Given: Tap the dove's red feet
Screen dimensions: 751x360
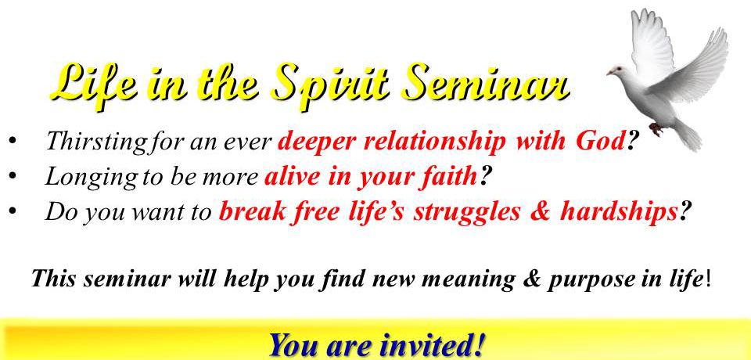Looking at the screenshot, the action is tap(656, 128).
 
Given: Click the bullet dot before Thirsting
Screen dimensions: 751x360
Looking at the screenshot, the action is tap(13, 142).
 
